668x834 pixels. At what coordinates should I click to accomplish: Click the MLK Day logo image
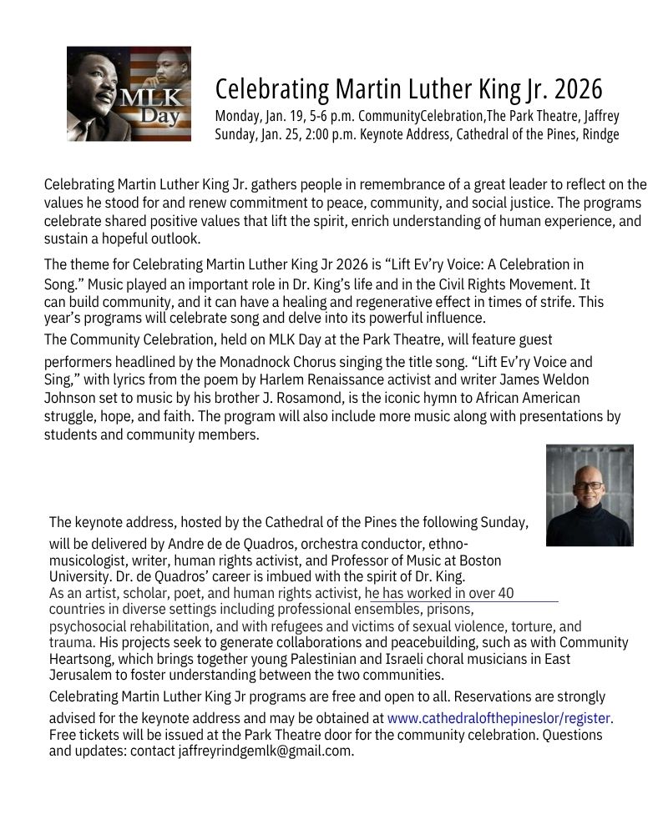(x=129, y=93)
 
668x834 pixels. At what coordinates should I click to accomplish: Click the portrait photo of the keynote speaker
(x=590, y=495)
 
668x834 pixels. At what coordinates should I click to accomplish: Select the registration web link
(x=499, y=717)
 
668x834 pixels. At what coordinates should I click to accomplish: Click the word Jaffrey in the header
(x=598, y=115)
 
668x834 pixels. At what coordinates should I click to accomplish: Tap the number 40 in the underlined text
(x=505, y=594)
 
